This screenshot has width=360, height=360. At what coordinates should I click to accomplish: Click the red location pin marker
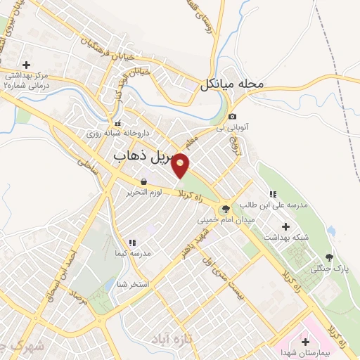[181, 165]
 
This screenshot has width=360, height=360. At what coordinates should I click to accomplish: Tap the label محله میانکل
[231, 85]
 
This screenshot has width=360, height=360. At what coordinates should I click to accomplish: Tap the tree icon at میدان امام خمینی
[225, 208]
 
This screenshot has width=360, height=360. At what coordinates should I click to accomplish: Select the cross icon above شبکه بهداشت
[285, 226]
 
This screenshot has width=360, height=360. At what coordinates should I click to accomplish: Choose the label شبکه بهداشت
[285, 238]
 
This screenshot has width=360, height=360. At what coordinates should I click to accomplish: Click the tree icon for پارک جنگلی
[329, 257]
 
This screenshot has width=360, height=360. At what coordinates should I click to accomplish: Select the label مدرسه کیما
[132, 253]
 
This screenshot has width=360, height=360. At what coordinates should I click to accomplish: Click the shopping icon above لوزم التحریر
[143, 181]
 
